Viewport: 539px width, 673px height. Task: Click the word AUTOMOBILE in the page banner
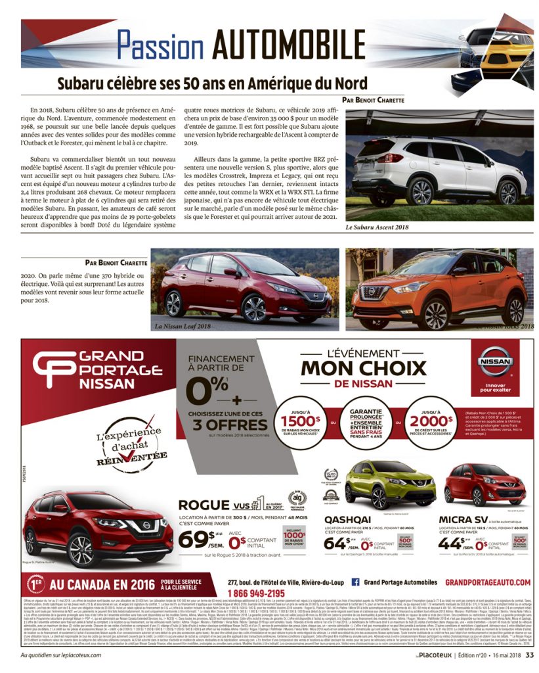coord(280,45)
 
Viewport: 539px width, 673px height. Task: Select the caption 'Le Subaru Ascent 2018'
coord(377,227)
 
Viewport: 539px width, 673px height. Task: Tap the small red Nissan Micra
coord(485,483)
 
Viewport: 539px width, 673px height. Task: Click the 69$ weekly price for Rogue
coord(196,539)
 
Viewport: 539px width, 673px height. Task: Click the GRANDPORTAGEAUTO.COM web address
coord(488,582)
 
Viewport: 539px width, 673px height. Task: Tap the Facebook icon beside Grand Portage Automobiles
coord(355,582)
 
